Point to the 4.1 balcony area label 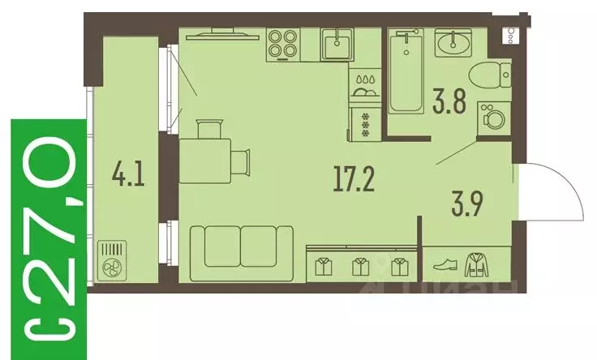[129, 175]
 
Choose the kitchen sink [335, 46]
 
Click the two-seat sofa [242, 252]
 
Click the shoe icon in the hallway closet [446, 265]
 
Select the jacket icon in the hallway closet [477, 264]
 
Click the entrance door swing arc [555, 191]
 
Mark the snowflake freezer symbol [364, 123]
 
